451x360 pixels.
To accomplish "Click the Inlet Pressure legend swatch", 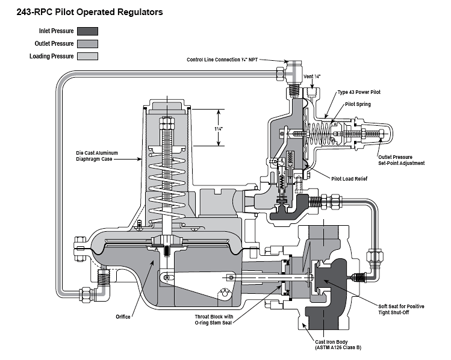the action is (87, 31).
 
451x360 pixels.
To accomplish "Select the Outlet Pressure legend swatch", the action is (87, 44).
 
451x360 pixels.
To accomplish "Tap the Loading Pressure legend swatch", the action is (87, 56).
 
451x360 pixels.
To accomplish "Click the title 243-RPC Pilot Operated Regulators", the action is (90, 12).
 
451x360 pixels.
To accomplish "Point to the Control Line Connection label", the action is (222, 60).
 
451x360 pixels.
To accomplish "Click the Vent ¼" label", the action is (312, 76).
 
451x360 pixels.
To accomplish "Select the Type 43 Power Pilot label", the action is (359, 92).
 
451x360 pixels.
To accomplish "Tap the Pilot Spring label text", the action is (358, 104).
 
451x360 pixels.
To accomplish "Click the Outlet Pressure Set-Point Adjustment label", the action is (401, 160).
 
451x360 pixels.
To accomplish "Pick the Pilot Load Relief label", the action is (349, 179).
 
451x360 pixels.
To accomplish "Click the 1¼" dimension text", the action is (219, 129).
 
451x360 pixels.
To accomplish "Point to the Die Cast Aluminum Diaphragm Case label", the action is (97, 156).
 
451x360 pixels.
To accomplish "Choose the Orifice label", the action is (123, 317).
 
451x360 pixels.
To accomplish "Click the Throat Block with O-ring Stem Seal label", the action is (214, 320).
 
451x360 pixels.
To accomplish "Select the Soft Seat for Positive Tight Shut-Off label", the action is (401, 309).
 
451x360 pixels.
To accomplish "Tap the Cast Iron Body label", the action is (338, 344).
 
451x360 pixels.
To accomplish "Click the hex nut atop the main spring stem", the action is (167, 123).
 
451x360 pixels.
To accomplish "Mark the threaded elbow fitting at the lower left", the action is (103, 285).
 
